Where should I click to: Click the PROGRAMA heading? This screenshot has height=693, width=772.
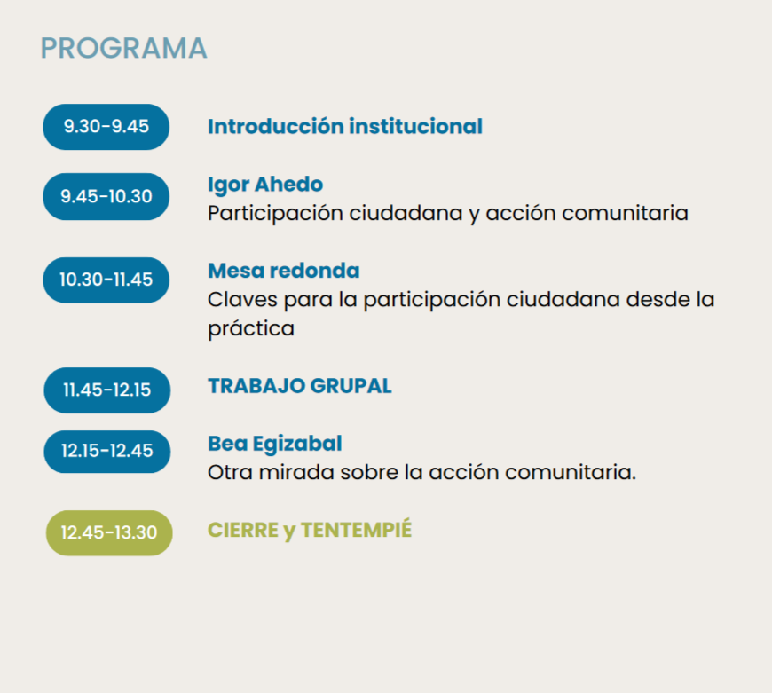pyautogui.click(x=123, y=48)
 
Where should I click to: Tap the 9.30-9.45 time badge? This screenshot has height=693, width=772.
pyautogui.click(x=106, y=127)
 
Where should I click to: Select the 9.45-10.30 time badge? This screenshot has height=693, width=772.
pyautogui.click(x=106, y=196)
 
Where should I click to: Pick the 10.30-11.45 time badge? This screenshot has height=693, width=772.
pyautogui.click(x=106, y=280)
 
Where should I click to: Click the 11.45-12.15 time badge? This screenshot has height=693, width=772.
pyautogui.click(x=107, y=390)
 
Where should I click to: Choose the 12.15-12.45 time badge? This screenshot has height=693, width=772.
pyautogui.click(x=107, y=452)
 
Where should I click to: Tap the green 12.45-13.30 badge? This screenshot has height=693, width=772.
pyautogui.click(x=109, y=533)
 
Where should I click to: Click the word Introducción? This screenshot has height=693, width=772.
pyautogui.click(x=276, y=126)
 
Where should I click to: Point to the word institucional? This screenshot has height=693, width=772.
pyautogui.click(x=416, y=126)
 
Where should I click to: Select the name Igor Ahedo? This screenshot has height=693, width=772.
pyautogui.click(x=265, y=185)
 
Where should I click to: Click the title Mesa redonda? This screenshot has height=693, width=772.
pyautogui.click(x=284, y=271)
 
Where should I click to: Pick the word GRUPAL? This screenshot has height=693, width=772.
pyautogui.click(x=351, y=386)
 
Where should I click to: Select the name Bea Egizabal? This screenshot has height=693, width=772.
pyautogui.click(x=275, y=444)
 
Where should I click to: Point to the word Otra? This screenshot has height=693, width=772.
pyautogui.click(x=230, y=472)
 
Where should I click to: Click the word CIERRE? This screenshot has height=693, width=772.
pyautogui.click(x=243, y=530)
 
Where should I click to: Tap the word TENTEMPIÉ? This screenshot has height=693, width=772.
pyautogui.click(x=357, y=530)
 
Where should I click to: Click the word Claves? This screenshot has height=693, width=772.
pyautogui.click(x=242, y=300)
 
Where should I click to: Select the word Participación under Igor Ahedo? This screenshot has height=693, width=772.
pyautogui.click(x=275, y=214)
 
